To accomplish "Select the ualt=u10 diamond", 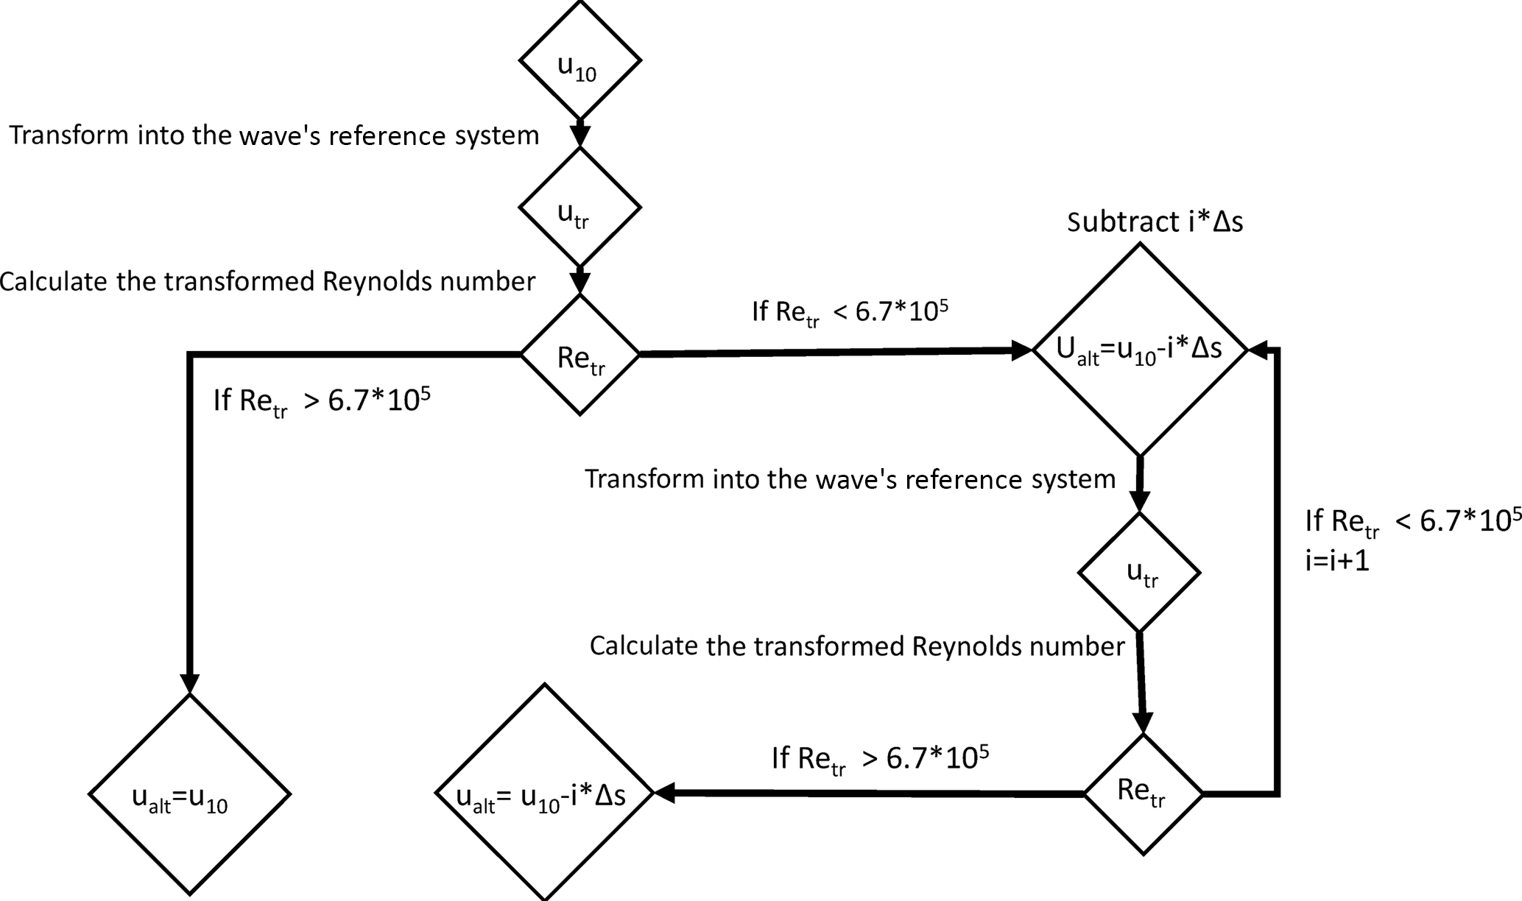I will [x=189, y=794].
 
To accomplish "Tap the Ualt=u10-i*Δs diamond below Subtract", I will [x=1140, y=350].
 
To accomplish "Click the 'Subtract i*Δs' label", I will [x=1155, y=222].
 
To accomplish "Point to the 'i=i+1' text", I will [x=1337, y=562].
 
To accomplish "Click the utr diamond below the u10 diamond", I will [x=579, y=208].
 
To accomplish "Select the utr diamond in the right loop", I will [x=1140, y=572].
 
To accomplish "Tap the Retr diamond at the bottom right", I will [x=1143, y=794].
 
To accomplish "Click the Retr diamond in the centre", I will [x=579, y=355].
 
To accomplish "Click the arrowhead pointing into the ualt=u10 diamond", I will [x=189, y=684].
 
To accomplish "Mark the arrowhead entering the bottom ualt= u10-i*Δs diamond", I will [x=664, y=793].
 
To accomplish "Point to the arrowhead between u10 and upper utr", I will [x=580, y=137].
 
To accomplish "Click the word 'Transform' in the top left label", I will [x=69, y=135].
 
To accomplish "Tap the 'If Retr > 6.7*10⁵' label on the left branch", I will [x=322, y=401].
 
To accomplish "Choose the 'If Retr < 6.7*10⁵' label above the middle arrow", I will [x=850, y=313].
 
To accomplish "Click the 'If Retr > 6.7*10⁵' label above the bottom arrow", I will [x=880, y=759].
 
